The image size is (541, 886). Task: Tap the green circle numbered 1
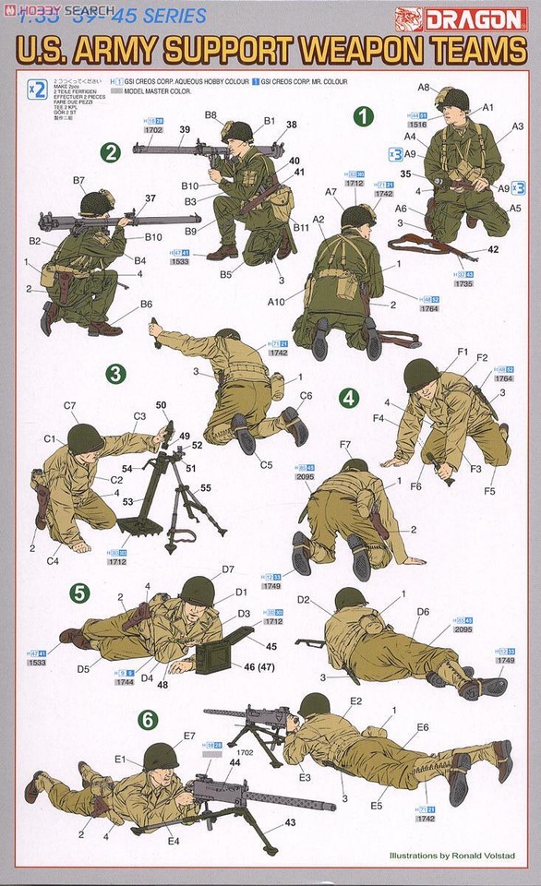pos(365,116)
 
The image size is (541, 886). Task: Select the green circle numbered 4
pos(349,398)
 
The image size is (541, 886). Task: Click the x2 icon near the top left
pos(37,90)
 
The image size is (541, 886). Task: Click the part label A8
pos(424,87)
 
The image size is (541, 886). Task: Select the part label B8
pos(210,115)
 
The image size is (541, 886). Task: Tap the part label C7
pos(70,405)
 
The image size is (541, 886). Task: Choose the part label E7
pos(189,735)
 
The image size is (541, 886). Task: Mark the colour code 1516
pos(417,124)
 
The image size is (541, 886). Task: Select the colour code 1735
pos(463,284)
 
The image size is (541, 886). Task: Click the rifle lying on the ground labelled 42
pos(429,245)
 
